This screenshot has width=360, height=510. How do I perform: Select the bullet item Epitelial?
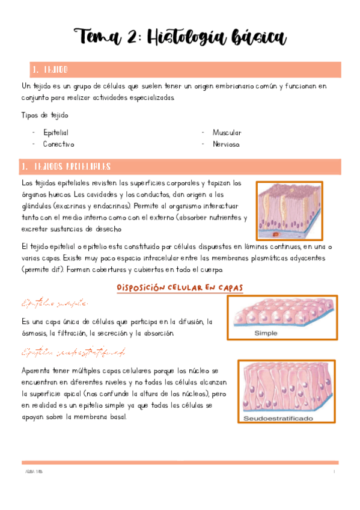(55, 132)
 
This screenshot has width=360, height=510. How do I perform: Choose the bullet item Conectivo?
(58, 144)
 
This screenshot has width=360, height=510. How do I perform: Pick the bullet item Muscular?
(227, 132)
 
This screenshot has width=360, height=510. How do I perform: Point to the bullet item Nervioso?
(226, 144)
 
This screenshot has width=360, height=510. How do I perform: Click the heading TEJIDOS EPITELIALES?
(72, 166)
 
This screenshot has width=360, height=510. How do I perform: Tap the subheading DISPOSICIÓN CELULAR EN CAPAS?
(180, 288)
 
